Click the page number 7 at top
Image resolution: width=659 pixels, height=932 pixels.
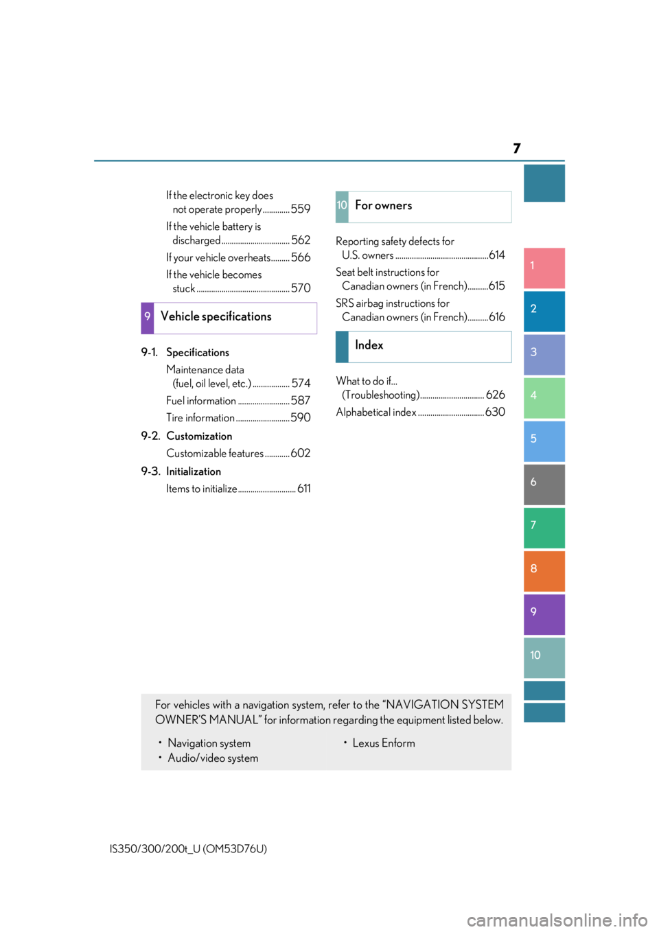click(x=516, y=148)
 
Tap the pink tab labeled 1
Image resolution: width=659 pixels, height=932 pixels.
click(x=544, y=268)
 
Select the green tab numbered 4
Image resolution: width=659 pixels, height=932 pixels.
click(x=544, y=398)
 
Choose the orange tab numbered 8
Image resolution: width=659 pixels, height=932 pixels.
click(x=544, y=571)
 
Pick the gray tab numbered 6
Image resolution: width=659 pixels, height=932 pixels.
click(x=544, y=485)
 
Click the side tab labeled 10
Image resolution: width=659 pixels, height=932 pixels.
click(x=544, y=657)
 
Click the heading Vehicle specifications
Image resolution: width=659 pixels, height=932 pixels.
click(x=216, y=316)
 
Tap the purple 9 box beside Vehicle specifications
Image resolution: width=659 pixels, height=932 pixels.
click(x=148, y=318)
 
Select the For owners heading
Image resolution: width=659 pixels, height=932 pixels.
click(x=383, y=205)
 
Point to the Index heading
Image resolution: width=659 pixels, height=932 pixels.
click(x=369, y=345)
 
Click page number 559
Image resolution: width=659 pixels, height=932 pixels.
click(x=301, y=209)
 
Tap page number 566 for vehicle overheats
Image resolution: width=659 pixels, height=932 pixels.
click(x=301, y=257)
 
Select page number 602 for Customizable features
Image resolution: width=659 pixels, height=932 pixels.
click(x=301, y=453)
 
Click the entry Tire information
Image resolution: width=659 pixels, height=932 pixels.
click(x=200, y=417)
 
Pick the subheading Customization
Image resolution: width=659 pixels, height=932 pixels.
click(x=199, y=436)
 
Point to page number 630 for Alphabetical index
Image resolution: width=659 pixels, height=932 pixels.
click(x=495, y=412)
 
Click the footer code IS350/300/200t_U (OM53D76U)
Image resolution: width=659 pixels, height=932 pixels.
click(x=188, y=849)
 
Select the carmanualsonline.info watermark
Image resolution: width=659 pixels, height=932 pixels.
click(x=557, y=920)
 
